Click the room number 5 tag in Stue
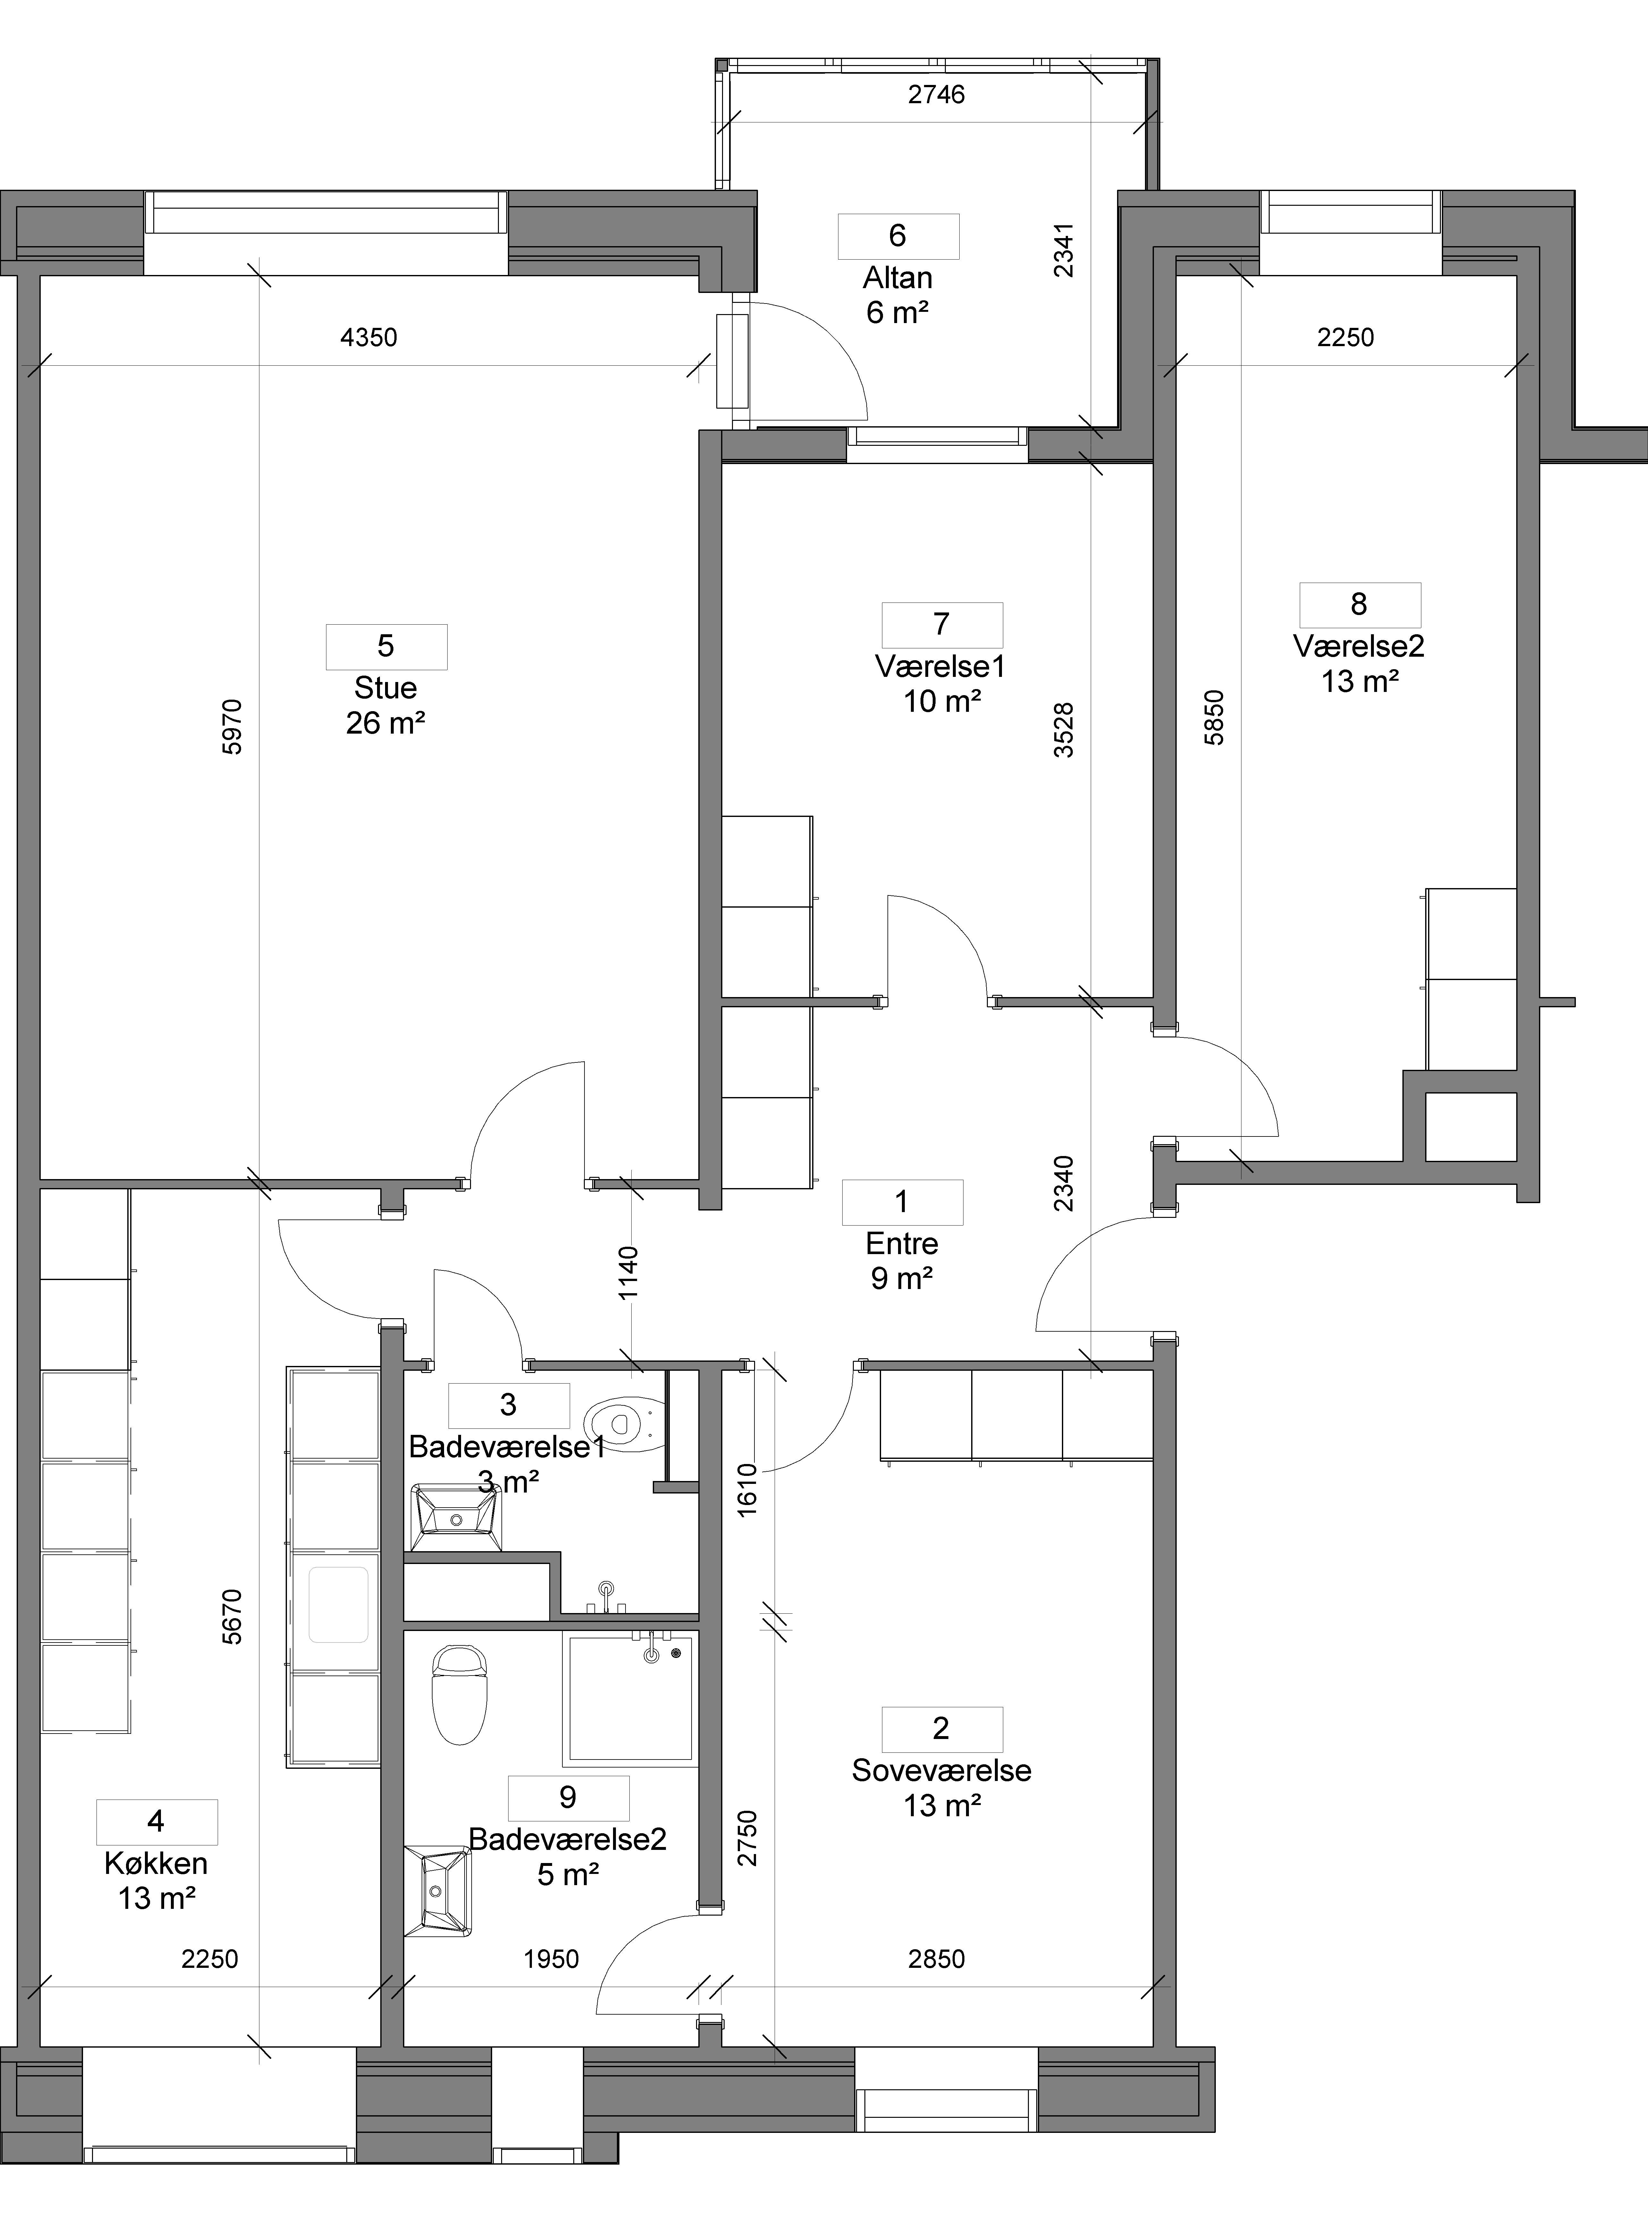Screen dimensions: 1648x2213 tap(386, 646)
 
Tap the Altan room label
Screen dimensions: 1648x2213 tap(898, 277)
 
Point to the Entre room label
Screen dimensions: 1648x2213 tap(902, 1244)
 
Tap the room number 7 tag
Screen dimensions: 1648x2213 tap(942, 624)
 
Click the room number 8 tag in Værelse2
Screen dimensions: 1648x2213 tap(1359, 604)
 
